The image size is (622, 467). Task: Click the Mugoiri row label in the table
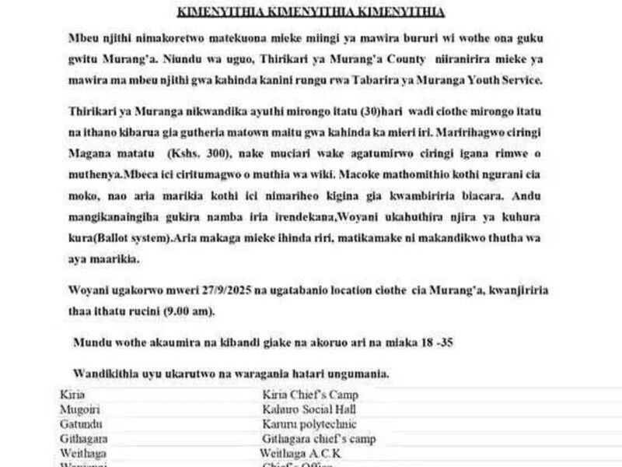(80, 409)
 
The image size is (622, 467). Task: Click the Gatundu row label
(80, 424)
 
